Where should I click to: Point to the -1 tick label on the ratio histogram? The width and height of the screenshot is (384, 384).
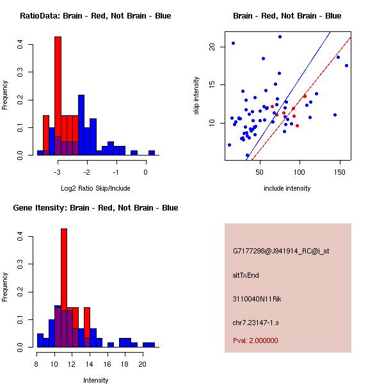click(x=116, y=172)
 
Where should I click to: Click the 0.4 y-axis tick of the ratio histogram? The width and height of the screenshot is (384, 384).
click(x=20, y=45)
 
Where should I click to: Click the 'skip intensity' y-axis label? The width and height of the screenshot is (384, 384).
click(x=197, y=96)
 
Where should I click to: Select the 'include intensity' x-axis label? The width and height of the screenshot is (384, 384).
click(x=287, y=188)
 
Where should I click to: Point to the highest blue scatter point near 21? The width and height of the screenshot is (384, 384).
click(x=280, y=36)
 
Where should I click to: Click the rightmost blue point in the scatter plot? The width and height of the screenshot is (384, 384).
click(x=346, y=65)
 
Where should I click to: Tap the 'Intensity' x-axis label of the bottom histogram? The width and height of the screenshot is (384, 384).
click(x=95, y=380)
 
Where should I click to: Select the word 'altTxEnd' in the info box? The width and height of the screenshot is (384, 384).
click(x=246, y=275)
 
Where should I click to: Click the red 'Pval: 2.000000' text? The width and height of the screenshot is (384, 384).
click(x=255, y=340)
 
